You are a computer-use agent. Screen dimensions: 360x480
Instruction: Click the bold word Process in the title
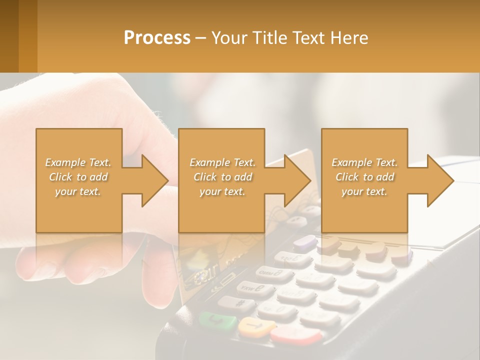tap(156, 38)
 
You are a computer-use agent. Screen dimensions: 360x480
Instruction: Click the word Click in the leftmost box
tap(61, 177)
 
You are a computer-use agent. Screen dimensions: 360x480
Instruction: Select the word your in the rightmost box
tap(353, 191)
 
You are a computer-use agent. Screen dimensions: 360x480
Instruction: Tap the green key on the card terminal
tap(218, 320)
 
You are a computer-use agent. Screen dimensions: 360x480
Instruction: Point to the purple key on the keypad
tap(305, 243)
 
